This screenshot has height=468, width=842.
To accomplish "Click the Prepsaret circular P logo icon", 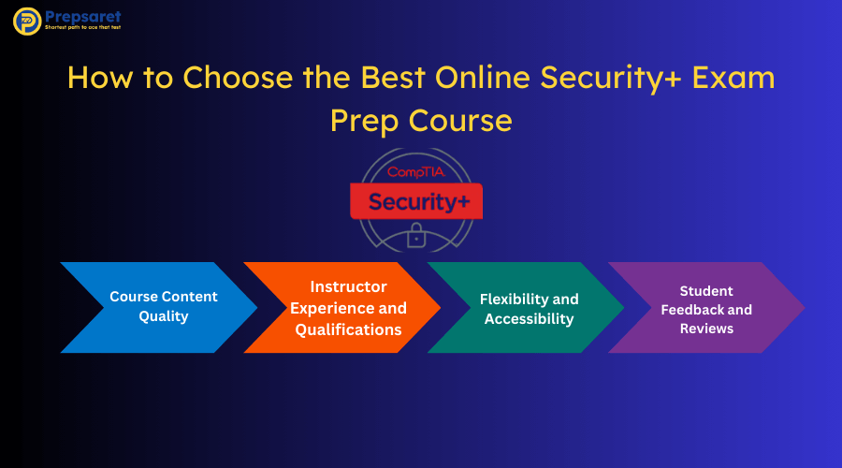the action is click(x=27, y=22).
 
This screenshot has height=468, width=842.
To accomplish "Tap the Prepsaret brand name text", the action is click(x=83, y=17).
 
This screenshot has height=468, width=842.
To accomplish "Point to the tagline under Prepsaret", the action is click(x=82, y=27).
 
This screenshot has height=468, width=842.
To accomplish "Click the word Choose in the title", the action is click(x=238, y=77).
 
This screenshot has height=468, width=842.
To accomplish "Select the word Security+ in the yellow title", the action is click(x=611, y=79).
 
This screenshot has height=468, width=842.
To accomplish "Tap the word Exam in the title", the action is click(x=733, y=77).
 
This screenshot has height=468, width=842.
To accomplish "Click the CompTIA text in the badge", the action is click(x=416, y=172).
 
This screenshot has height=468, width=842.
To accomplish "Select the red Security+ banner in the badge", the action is click(x=416, y=201).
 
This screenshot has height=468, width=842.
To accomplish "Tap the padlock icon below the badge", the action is click(x=416, y=235).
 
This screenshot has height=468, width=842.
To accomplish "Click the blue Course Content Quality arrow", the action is click(x=159, y=307).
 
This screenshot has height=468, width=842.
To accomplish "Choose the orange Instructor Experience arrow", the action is click(x=342, y=307).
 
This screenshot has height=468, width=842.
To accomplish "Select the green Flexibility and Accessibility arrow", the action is click(x=526, y=307).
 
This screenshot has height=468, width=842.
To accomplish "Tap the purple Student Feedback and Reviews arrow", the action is click(x=706, y=307).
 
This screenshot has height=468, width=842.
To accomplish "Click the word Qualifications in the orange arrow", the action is click(x=349, y=329).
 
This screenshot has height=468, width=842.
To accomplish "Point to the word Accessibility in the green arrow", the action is click(x=529, y=319).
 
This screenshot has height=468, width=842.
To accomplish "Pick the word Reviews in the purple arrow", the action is click(x=706, y=329).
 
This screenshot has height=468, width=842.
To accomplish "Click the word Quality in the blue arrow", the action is click(x=164, y=316).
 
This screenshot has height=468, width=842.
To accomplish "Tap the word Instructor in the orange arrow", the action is click(x=349, y=286).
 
